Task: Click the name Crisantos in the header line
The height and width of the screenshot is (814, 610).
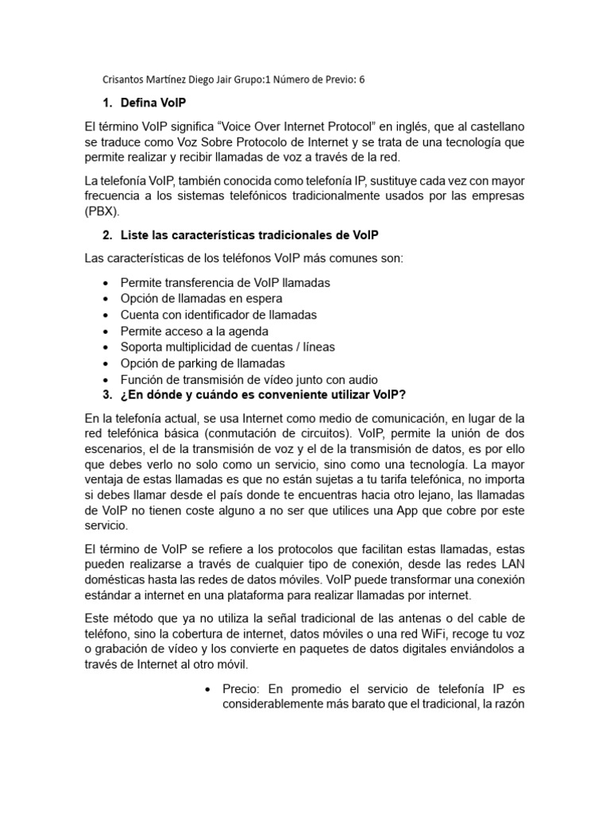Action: tap(128, 79)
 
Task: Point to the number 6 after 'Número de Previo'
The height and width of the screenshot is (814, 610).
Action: tap(361, 79)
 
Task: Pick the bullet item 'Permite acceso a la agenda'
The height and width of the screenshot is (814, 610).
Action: tap(194, 331)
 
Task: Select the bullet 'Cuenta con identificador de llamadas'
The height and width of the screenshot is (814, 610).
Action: tap(218, 315)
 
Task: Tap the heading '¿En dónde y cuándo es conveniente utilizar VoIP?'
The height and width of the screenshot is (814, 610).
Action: tap(262, 395)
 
